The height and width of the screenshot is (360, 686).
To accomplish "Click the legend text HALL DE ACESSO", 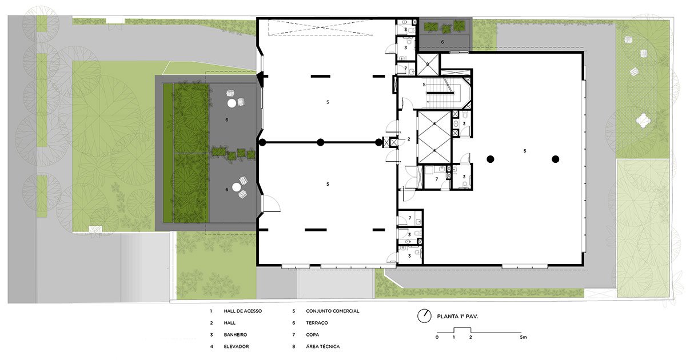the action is pos(242,311).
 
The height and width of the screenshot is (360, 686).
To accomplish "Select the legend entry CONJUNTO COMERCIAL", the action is pos(333,311).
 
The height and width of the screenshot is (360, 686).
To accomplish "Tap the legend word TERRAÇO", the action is pos(317,323).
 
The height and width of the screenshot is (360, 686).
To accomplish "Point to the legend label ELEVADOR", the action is pos(236,346).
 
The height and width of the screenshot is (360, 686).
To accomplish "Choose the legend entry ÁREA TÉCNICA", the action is pos(323,346).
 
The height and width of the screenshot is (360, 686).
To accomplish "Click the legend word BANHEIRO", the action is pos(235,335).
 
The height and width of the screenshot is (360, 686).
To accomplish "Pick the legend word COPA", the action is pos(312,335).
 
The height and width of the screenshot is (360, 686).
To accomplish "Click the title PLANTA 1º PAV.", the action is pos(457,317).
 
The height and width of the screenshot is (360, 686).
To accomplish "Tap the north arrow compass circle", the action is pos(424,316).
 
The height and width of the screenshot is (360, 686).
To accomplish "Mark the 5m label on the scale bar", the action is pos(523,337).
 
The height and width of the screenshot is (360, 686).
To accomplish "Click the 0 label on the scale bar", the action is pos(437,337).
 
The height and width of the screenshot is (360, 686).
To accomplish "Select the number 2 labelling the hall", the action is pos(409,139).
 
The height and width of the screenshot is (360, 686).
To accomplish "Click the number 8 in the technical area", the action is pos(428,64).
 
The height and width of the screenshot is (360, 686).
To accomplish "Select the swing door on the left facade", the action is pos(271,203).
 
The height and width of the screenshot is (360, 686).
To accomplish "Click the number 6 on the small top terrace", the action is pos(442,42).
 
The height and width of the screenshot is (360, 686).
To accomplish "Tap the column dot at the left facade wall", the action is pos(262,142).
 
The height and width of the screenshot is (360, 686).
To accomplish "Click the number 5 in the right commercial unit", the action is pos(525,151).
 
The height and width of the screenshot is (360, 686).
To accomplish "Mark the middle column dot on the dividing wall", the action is pos(320,142).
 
